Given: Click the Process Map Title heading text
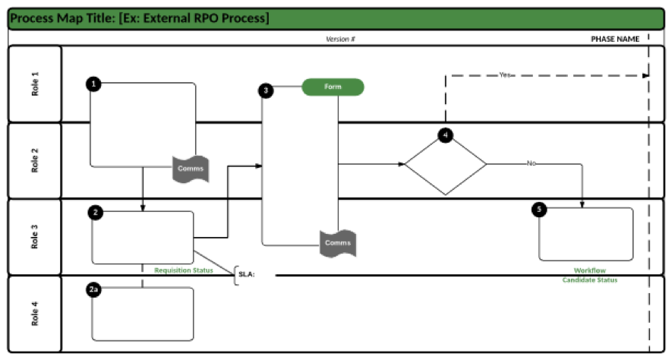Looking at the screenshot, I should click(x=140, y=18).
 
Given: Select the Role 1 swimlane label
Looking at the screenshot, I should click(x=34, y=84).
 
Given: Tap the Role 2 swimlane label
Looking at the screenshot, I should click(x=34, y=160).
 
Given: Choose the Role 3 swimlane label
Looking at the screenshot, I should click(x=34, y=237).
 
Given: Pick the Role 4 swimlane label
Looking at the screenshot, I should click(x=34, y=314).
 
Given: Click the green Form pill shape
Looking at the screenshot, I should click(x=333, y=87).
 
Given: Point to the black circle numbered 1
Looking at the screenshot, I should click(x=93, y=84).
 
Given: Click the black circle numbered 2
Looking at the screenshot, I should click(x=96, y=213).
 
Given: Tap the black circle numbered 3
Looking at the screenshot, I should click(x=265, y=90).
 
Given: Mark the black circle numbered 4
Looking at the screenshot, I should click(x=446, y=135).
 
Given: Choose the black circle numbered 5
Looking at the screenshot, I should click(x=539, y=209).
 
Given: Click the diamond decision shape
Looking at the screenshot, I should click(x=446, y=164).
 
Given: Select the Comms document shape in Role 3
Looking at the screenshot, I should click(x=338, y=244).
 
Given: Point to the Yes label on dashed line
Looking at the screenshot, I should click(x=506, y=75).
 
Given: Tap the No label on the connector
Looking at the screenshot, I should click(x=532, y=163).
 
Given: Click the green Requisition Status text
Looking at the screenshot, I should click(x=183, y=270).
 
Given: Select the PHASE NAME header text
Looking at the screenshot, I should click(x=615, y=39).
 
